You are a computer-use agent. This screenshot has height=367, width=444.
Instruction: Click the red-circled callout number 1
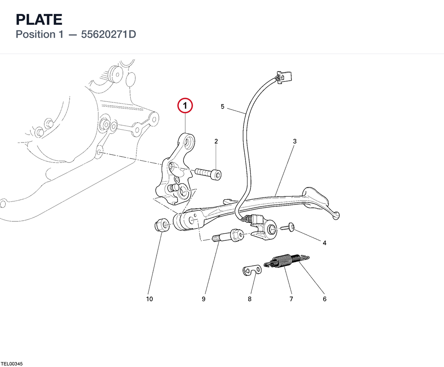coord(185,106)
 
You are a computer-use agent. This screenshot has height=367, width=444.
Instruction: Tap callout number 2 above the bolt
coord(216,141)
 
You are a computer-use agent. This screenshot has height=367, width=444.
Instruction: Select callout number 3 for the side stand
coord(295,141)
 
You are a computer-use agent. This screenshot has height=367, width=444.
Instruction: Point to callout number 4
coord(324,243)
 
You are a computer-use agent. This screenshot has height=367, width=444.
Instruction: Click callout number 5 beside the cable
coord(222,107)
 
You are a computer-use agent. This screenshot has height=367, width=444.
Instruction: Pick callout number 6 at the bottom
coord(324,299)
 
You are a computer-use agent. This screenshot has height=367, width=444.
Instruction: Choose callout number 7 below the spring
coord(291,299)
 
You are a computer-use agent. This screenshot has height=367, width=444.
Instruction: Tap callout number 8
coord(250,299)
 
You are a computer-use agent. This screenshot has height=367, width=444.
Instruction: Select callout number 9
coord(203,299)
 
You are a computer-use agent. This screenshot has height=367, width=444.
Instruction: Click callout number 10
coord(149,299)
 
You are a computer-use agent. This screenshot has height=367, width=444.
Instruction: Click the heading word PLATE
coord(39,20)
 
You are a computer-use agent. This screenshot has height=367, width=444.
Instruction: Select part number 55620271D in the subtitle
coord(108,34)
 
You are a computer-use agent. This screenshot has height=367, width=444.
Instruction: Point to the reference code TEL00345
coord(12,364)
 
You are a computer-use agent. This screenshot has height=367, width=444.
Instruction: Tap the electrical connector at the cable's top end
coord(284,77)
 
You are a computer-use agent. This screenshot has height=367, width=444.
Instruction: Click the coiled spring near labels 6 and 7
coord(286,261)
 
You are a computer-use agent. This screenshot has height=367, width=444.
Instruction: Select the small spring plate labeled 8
coord(252,270)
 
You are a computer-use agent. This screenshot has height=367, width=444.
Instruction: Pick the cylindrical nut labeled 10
coord(162,225)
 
